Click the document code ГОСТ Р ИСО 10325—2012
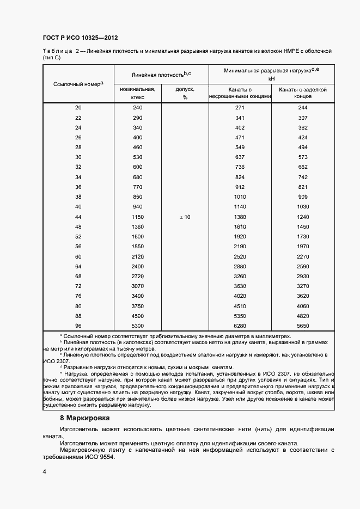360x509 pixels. tap(80, 38)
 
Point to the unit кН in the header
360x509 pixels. tap(271, 78)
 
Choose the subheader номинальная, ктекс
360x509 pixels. tap(137, 93)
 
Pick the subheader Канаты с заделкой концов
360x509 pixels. tap(303, 93)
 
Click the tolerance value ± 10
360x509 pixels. tap(185, 217)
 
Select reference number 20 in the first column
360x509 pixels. tap(78, 108)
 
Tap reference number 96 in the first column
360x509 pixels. tap(78, 326)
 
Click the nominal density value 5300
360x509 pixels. tap(137, 326)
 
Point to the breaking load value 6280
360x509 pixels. tap(240, 326)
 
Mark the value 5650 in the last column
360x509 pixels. tap(303, 326)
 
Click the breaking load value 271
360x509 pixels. tap(240, 108)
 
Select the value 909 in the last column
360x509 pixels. tap(303, 197)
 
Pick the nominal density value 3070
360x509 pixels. tap(137, 286)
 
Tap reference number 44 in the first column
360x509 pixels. tap(78, 217)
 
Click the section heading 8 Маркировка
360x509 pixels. tap(84, 418)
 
